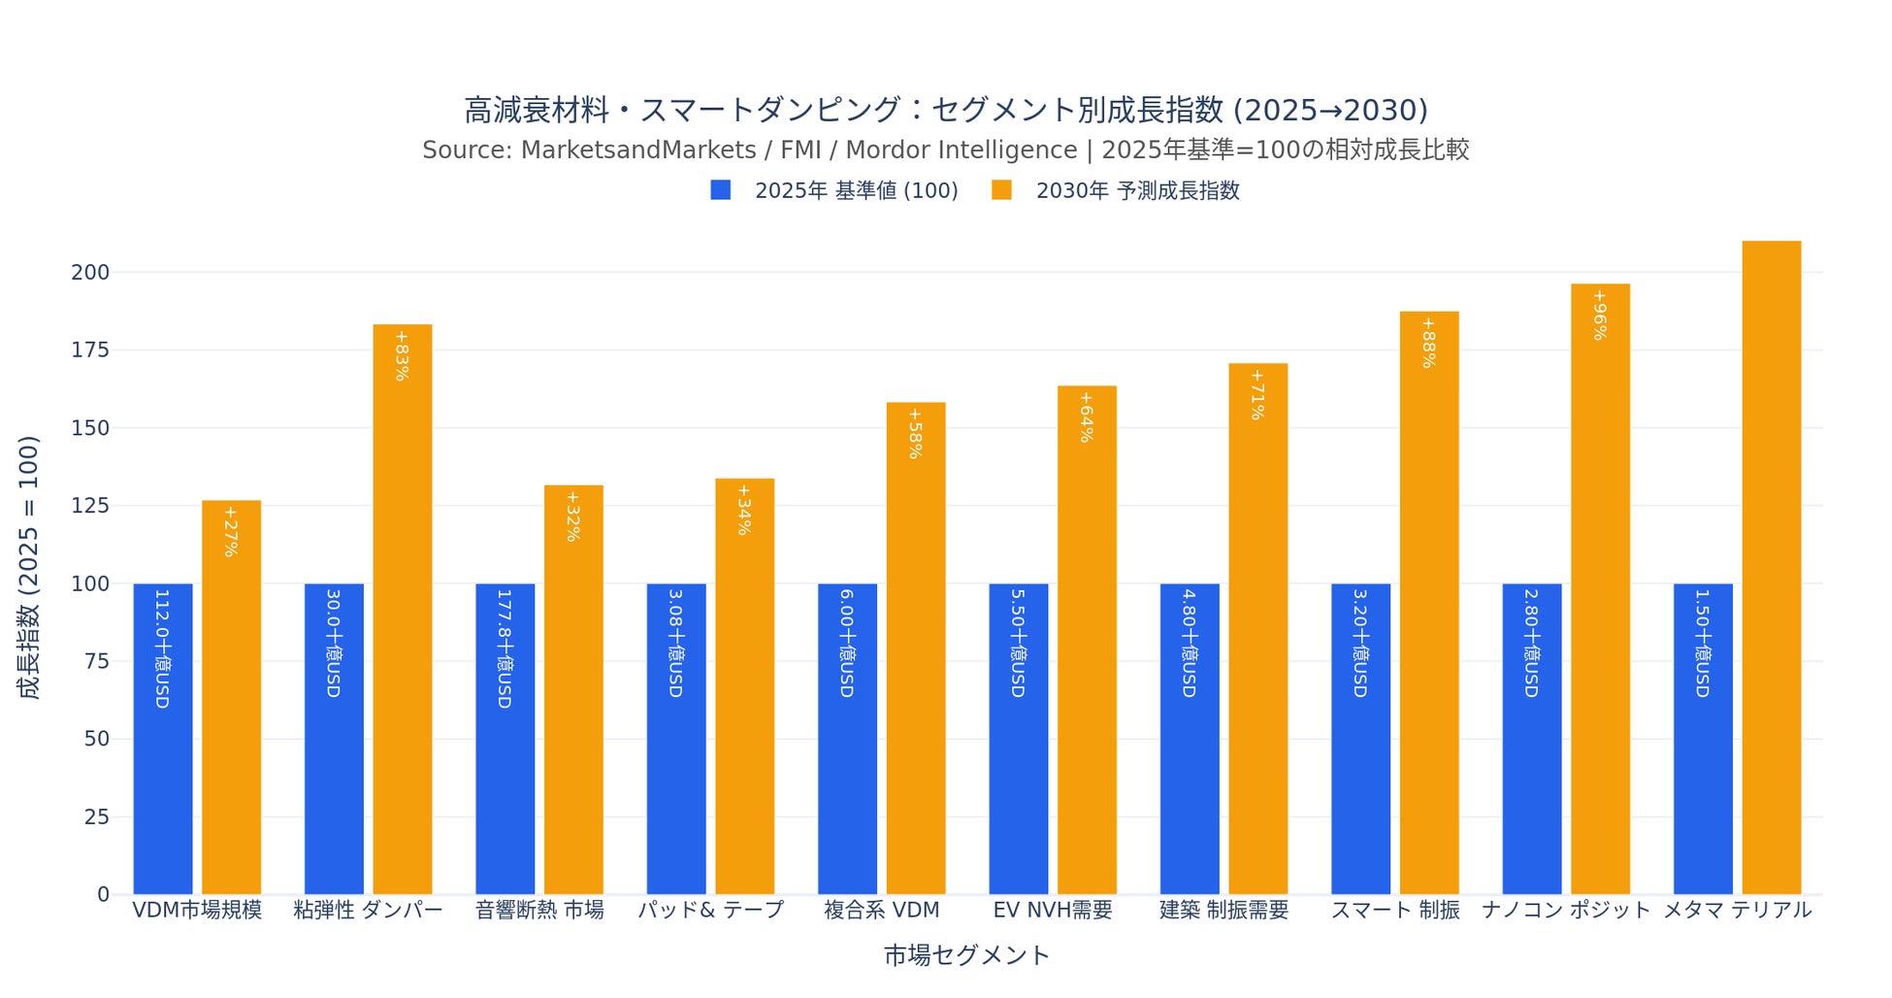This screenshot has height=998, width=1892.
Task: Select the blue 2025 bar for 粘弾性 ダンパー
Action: pyautogui.click(x=334, y=738)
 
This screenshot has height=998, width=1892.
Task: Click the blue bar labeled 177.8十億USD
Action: pyautogui.click(x=505, y=738)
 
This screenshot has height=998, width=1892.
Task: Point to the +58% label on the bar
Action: pyautogui.click(x=915, y=433)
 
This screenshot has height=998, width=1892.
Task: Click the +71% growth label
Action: pyautogui.click(x=1257, y=394)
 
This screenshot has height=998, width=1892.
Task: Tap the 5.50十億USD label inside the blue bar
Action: pyautogui.click(x=1018, y=643)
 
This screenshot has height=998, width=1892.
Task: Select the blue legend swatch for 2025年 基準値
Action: pyautogui.click(x=720, y=190)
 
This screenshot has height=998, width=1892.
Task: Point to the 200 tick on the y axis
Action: pyautogui.click(x=90, y=272)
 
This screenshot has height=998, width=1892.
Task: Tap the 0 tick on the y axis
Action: pyautogui.click(x=103, y=894)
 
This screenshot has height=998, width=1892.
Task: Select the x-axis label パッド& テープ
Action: pyautogui.click(x=710, y=911)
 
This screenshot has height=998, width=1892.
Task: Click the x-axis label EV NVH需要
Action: pyautogui.click(x=1053, y=911)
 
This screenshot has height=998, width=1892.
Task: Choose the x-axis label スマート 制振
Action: pyautogui.click(x=1394, y=911)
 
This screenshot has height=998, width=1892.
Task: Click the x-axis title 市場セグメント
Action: pyautogui.click(x=966, y=955)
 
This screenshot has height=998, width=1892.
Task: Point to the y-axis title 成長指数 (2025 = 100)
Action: pyautogui.click(x=29, y=567)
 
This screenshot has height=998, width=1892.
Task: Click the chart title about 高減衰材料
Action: pyautogui.click(x=946, y=110)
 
